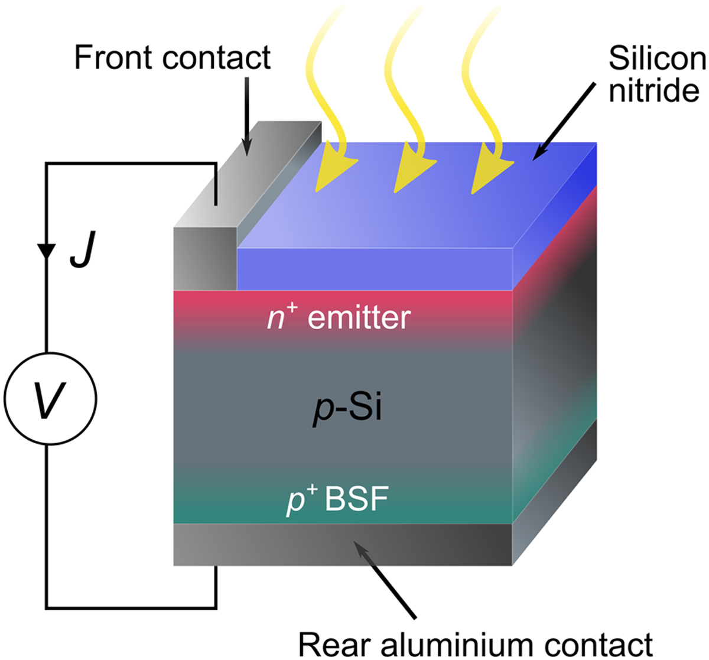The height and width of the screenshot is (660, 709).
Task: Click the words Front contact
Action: click(172, 58)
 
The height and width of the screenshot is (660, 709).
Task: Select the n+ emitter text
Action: click(337, 318)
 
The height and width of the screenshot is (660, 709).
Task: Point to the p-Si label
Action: click(347, 408)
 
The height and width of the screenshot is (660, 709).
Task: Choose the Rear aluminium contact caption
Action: click(476, 643)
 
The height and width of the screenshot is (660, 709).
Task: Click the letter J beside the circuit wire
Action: click(82, 253)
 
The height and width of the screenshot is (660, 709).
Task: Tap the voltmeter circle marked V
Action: click(50, 400)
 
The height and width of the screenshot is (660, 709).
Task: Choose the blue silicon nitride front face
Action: click(375, 269)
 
